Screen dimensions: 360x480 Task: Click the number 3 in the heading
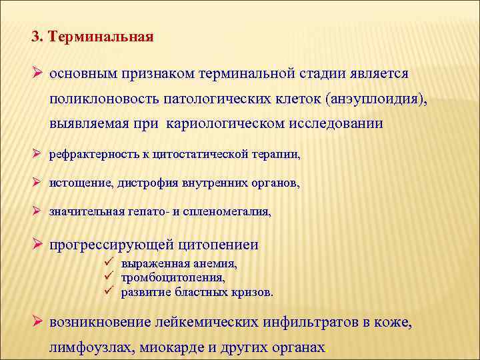click(x=35, y=37)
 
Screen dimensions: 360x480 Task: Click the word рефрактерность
click(x=83, y=155)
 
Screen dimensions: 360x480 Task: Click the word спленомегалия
click(x=233, y=212)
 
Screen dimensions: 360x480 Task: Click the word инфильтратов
click(x=307, y=323)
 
